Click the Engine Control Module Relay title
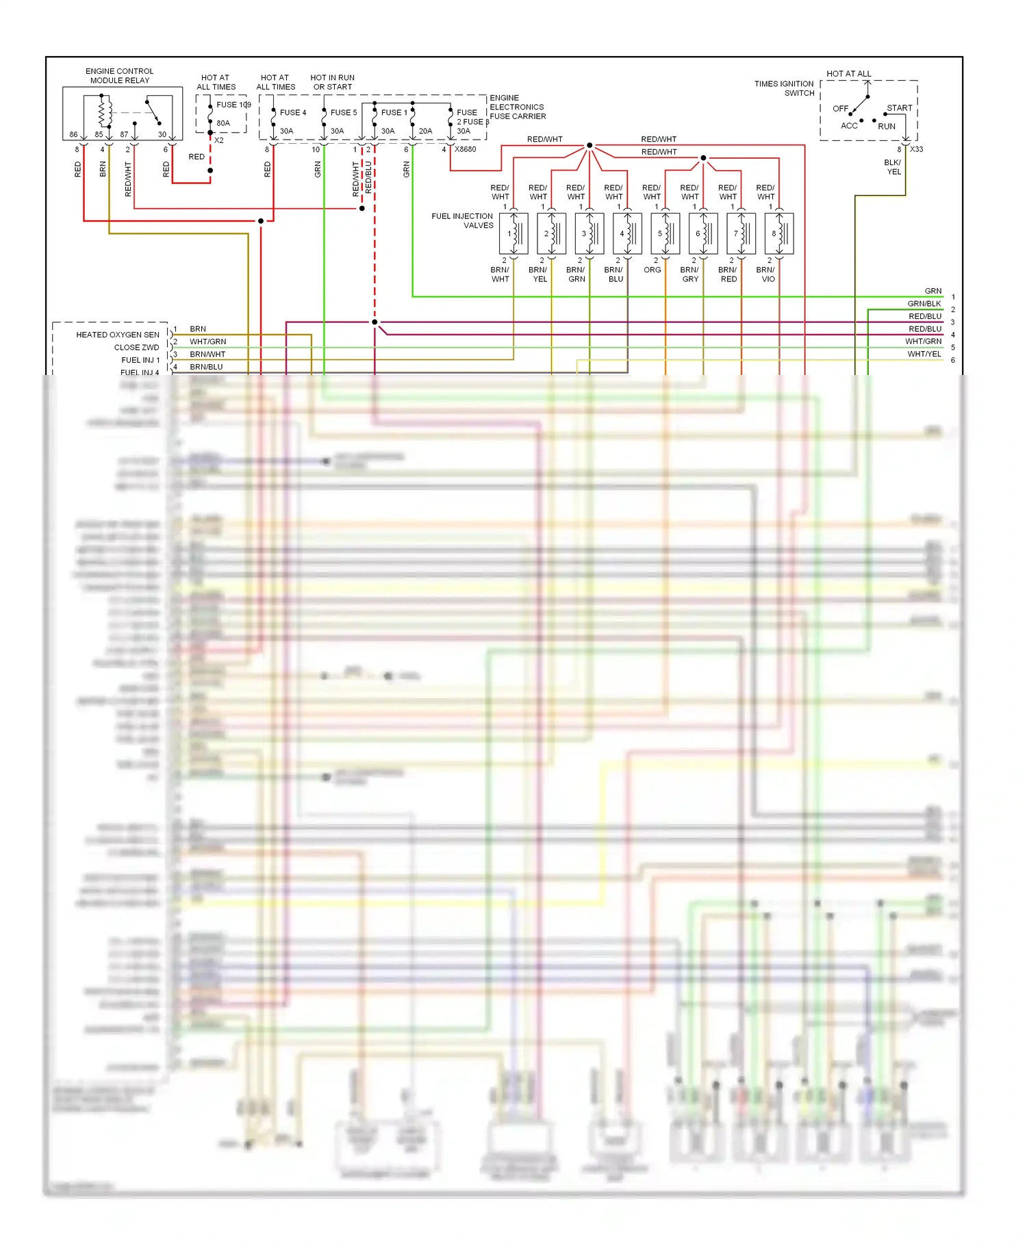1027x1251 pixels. click(119, 75)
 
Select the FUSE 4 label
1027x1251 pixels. click(292, 112)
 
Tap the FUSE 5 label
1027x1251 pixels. click(343, 112)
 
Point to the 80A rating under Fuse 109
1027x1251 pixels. click(223, 123)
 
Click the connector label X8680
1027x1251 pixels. click(465, 149)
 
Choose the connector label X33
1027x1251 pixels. click(916, 149)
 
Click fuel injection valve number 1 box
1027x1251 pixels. click(513, 233)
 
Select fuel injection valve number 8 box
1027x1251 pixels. click(779, 233)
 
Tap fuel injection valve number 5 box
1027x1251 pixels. click(665, 233)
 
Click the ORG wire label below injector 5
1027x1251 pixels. click(652, 270)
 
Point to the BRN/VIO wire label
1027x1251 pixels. click(766, 274)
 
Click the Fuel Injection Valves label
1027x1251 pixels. click(462, 220)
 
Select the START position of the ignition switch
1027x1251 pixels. click(899, 108)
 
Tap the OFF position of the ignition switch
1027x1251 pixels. click(840, 109)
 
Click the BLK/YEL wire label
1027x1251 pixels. click(893, 167)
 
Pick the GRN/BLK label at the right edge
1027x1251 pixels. click(924, 304)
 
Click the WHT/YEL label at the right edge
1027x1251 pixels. click(924, 354)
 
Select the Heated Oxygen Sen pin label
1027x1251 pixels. click(118, 335)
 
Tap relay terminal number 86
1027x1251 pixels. click(73, 134)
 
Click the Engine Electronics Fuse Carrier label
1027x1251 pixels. click(518, 107)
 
